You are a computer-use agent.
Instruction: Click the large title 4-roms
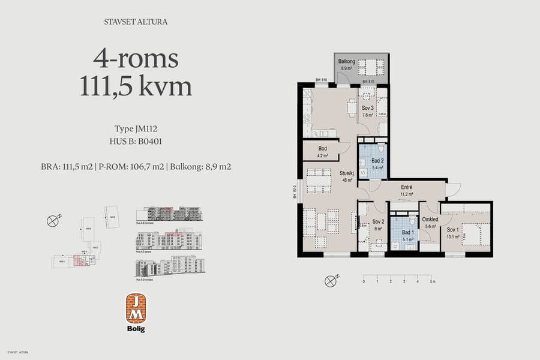136,59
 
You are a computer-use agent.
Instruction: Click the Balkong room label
347,61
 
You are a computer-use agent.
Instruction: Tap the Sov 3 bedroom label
367,109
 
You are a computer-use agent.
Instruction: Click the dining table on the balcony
374,65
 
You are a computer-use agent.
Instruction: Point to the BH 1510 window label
295,192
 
